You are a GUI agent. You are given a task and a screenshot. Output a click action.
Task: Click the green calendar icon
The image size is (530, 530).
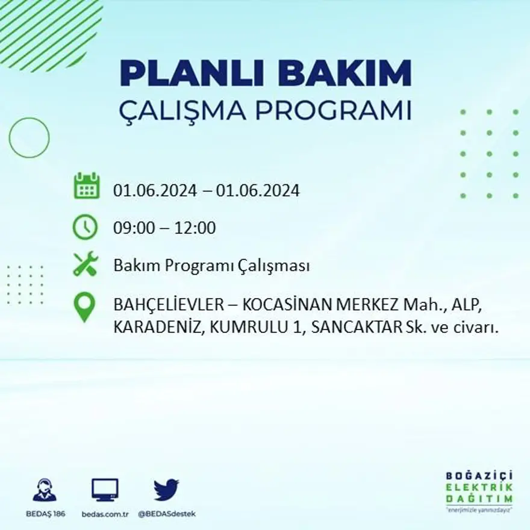point(86,186)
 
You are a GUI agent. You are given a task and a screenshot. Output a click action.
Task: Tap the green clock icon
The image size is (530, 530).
point(85,227)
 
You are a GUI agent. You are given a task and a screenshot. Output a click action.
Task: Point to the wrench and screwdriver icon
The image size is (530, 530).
point(85,264)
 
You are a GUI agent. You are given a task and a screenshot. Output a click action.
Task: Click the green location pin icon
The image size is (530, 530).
point(84,307)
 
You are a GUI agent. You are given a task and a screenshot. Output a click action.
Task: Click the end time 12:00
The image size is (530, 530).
point(195,228)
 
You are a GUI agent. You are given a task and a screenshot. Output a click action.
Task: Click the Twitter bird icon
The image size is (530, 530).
point(166,490)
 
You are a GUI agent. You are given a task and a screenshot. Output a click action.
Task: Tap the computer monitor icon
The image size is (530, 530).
point(105,490)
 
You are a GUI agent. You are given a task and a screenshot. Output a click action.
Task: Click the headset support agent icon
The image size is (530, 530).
point(45,490)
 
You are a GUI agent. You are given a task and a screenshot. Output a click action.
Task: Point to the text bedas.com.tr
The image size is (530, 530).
point(105,514)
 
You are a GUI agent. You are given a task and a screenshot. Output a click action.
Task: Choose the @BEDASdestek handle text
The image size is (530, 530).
point(167,514)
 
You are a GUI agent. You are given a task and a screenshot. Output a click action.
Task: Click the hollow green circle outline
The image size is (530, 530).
point(29,138)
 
